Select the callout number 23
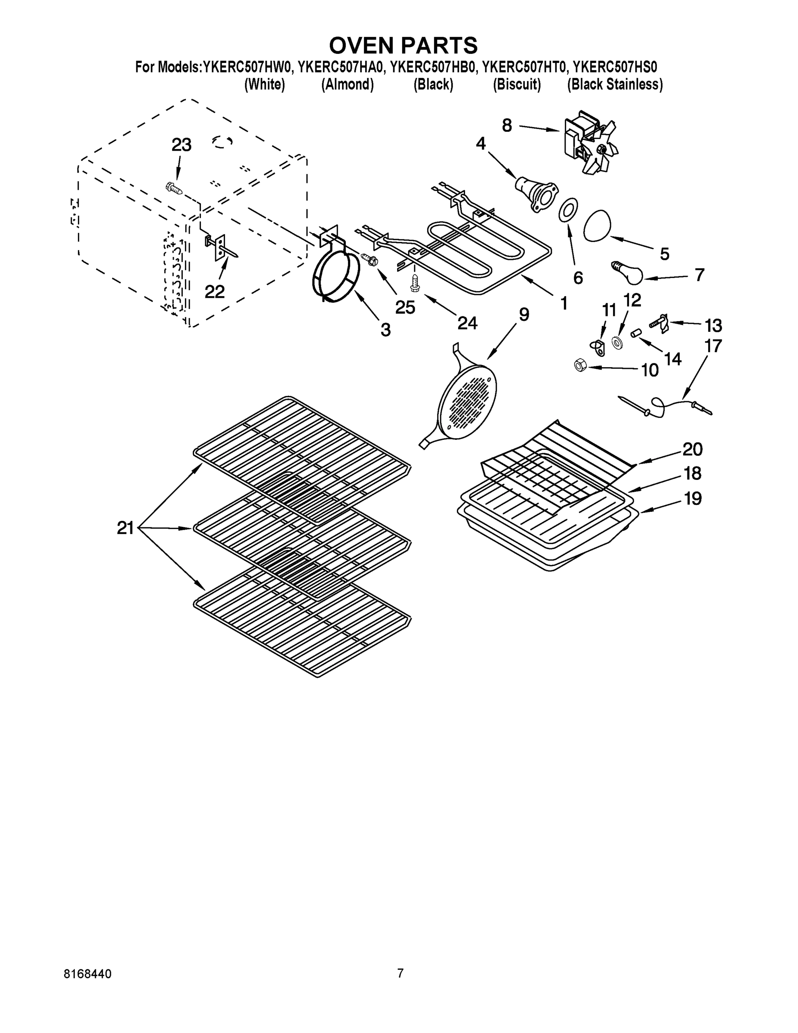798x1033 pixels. tap(181, 145)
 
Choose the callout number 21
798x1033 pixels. tap(125, 528)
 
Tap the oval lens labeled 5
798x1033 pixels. tap(597, 226)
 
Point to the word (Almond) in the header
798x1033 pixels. tap(348, 85)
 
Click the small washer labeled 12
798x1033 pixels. tap(616, 343)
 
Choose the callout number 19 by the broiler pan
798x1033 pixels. tap(693, 498)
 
